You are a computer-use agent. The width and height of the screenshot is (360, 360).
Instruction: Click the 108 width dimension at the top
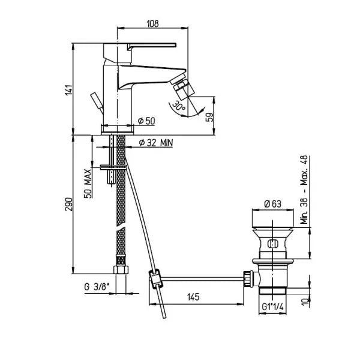[x=152, y=23]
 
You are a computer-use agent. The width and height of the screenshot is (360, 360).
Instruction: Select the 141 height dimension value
[x=69, y=90]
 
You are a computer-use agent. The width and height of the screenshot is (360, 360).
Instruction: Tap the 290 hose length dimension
[x=69, y=204]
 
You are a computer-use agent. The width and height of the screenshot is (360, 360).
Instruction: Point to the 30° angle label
[x=179, y=106]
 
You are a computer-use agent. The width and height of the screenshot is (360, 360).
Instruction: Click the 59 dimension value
[x=209, y=117]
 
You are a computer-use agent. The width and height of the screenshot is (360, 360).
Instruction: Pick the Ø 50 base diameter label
[x=146, y=121]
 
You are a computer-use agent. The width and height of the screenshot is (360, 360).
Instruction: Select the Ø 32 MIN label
[x=155, y=143]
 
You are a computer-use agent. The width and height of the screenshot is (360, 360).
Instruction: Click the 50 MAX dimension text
[x=88, y=184]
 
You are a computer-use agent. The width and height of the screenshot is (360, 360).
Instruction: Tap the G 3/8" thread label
[x=97, y=287]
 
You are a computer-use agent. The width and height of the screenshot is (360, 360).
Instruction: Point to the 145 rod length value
[x=193, y=297]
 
